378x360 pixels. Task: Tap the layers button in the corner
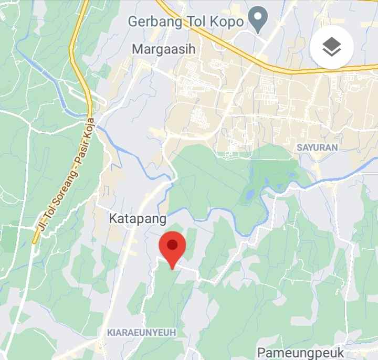tap(331, 48)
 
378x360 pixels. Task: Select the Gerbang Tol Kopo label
tap(186, 22)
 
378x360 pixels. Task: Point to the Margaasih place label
tap(163, 49)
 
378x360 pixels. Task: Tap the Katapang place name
tap(138, 218)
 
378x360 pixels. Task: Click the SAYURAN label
tap(317, 147)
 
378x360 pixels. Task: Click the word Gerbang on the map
tap(155, 22)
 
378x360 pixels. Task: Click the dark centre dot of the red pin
tap(172, 244)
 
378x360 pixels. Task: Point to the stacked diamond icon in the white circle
tap(331, 48)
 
